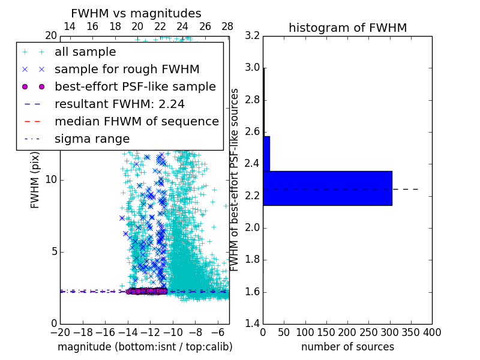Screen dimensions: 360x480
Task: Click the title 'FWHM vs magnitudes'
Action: [x=136, y=13]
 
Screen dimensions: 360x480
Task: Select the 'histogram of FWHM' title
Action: [x=347, y=28]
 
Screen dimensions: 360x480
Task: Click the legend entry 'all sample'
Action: [x=85, y=52]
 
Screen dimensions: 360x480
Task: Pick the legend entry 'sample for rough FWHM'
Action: [x=127, y=70]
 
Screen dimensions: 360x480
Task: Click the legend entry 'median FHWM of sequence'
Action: [x=136, y=121]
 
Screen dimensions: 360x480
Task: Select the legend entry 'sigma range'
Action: [x=92, y=139]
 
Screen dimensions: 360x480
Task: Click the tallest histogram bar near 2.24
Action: [x=327, y=188]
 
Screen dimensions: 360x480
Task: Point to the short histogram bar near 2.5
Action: [x=266, y=154]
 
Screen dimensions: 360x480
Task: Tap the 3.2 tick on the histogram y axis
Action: [x=253, y=35]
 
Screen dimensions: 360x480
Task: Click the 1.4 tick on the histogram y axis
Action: [x=253, y=324]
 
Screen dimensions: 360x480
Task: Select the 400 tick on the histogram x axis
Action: [x=432, y=332]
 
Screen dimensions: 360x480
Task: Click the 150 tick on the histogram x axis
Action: [x=326, y=332]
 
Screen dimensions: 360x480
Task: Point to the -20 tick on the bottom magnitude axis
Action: [x=60, y=332]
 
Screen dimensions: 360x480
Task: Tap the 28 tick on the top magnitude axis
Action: [x=227, y=26]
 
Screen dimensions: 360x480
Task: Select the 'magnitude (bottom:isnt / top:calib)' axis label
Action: [x=145, y=347]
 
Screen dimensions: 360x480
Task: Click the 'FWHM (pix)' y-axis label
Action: [x=35, y=179]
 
